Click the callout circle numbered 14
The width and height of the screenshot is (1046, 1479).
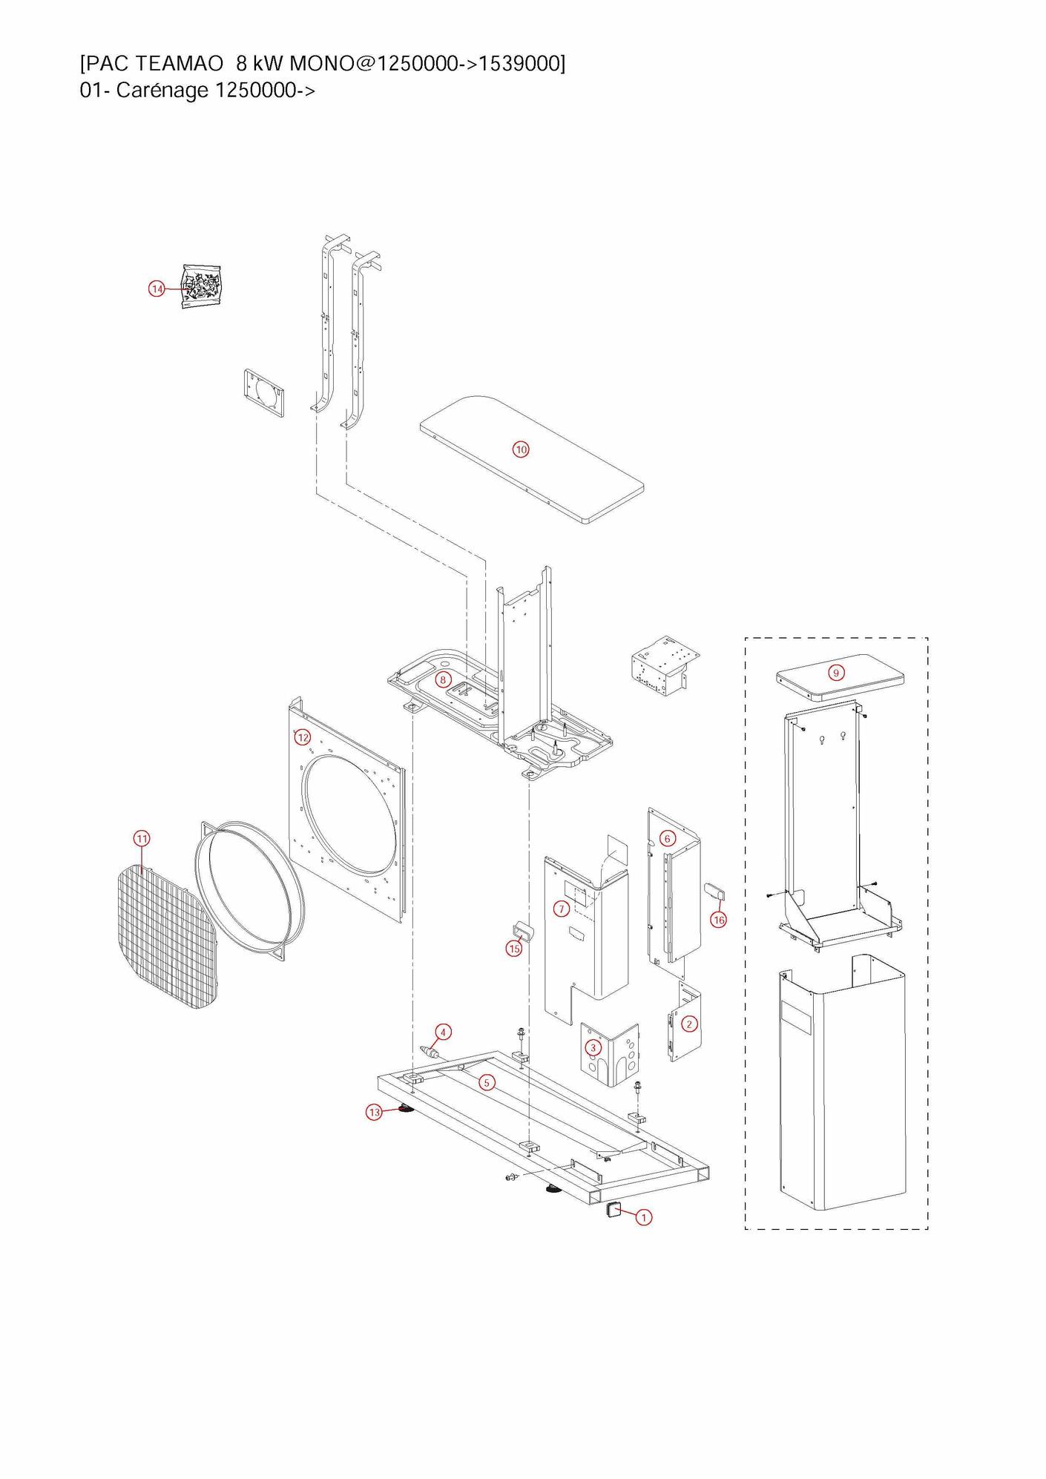coord(157,289)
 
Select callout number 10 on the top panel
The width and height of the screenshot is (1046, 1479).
coord(522,449)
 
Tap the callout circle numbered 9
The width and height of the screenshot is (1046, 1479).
coord(836,673)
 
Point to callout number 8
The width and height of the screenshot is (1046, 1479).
coord(443,679)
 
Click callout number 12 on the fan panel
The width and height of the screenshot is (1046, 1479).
coord(303,737)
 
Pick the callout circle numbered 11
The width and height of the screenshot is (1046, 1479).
coord(142,839)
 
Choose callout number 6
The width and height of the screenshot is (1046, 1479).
coord(668,838)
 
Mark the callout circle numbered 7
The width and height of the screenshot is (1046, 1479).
coord(562,909)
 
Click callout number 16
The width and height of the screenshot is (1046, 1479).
coord(718,920)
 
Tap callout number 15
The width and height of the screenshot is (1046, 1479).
coord(514,949)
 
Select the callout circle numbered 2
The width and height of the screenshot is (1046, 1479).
coord(689,1024)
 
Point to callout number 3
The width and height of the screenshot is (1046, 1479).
coord(593,1047)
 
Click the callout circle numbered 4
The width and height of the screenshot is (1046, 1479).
coord(443,1032)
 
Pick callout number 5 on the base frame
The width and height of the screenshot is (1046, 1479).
coord(487,1083)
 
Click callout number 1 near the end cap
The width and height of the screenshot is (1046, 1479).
coord(644,1217)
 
